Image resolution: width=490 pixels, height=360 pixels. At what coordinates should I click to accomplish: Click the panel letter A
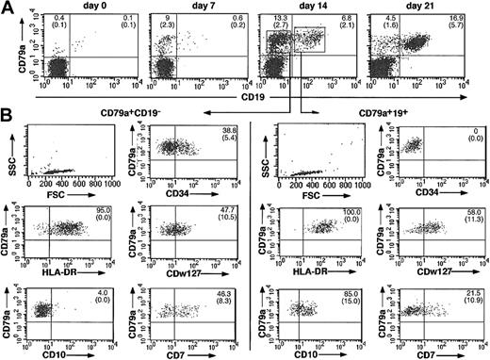(8, 8)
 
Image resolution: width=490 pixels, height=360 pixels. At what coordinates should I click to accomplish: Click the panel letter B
(8, 123)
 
